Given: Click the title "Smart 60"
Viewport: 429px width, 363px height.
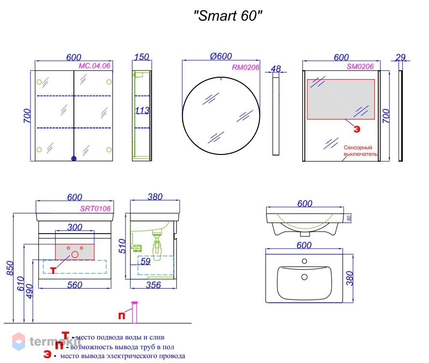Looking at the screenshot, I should point(228,16).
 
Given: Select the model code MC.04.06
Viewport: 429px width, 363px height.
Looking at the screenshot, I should point(95,66).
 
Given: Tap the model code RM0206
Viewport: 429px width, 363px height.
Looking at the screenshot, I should point(245,68).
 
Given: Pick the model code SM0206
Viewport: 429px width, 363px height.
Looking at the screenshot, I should point(360,67).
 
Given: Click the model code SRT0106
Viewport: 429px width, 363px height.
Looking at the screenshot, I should point(95,209).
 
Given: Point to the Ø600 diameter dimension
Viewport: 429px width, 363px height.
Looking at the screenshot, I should point(221,56).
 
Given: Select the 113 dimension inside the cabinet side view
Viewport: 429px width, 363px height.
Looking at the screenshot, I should point(142,111).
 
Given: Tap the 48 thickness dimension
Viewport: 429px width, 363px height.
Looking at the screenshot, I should point(276,69).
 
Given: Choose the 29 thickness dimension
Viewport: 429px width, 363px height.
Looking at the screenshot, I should point(400,57).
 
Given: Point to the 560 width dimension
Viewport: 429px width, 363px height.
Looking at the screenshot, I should point(74,285).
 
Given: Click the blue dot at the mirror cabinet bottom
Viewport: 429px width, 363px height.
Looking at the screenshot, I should point(74,158).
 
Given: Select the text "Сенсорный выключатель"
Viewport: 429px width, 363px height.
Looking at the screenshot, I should point(360,151).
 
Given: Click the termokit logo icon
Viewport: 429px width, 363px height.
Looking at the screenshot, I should point(18,341).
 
